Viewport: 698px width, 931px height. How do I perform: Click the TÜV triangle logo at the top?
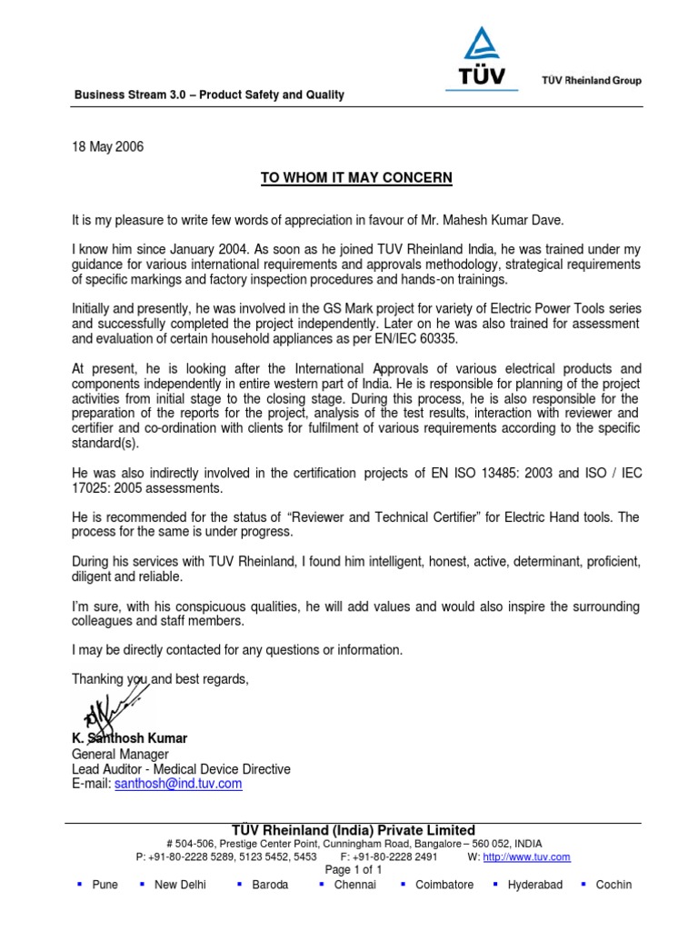coord(482,57)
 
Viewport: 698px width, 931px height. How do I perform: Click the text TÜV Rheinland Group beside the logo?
coord(591,80)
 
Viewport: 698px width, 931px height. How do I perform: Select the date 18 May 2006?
coord(107,146)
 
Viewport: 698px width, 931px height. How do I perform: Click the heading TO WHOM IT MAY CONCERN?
coord(355,177)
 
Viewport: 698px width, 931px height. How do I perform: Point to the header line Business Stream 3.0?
coord(208,95)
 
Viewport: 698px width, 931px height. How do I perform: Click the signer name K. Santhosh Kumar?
coord(129,738)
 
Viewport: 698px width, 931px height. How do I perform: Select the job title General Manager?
coord(120,754)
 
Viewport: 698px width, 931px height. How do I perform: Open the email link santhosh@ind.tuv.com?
coord(178,783)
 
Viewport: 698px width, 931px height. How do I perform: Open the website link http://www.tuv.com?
coord(526,856)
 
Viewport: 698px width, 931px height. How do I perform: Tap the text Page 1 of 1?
coord(354,869)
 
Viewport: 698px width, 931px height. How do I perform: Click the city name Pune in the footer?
coord(105,885)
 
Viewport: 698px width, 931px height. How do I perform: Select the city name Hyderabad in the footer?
coord(534,885)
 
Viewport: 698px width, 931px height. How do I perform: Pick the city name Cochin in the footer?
coord(613,885)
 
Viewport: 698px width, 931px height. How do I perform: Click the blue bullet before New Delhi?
coord(143,884)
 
